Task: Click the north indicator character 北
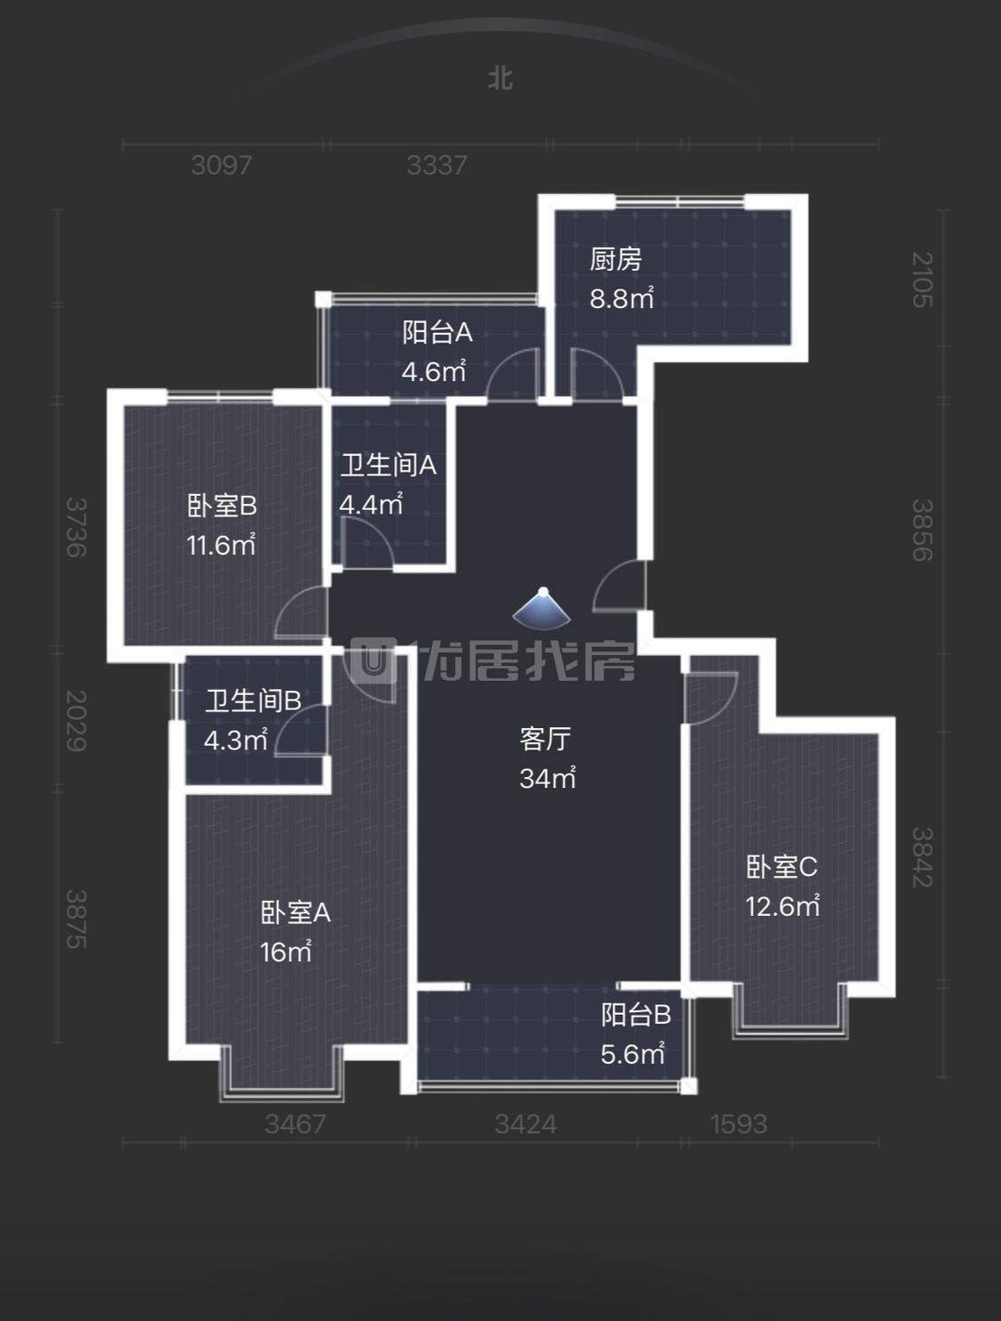coord(500,78)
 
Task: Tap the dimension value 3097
coord(222,165)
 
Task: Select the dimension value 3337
coord(437,165)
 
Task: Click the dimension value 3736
coord(77,527)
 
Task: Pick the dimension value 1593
coord(739,1124)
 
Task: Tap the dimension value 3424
coord(526,1124)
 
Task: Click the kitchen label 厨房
coord(616,259)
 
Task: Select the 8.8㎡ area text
coord(621,298)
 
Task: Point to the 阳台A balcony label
coord(438,332)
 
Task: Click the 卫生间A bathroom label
coord(388,466)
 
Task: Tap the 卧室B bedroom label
coord(222,506)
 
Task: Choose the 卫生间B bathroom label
coord(254,701)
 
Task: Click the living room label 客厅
coord(545,739)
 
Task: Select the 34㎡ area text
coord(547,778)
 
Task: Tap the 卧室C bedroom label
coord(782,867)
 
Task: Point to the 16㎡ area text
coord(286,952)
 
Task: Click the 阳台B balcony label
coord(636,1015)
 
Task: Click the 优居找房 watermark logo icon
coord(372,660)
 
